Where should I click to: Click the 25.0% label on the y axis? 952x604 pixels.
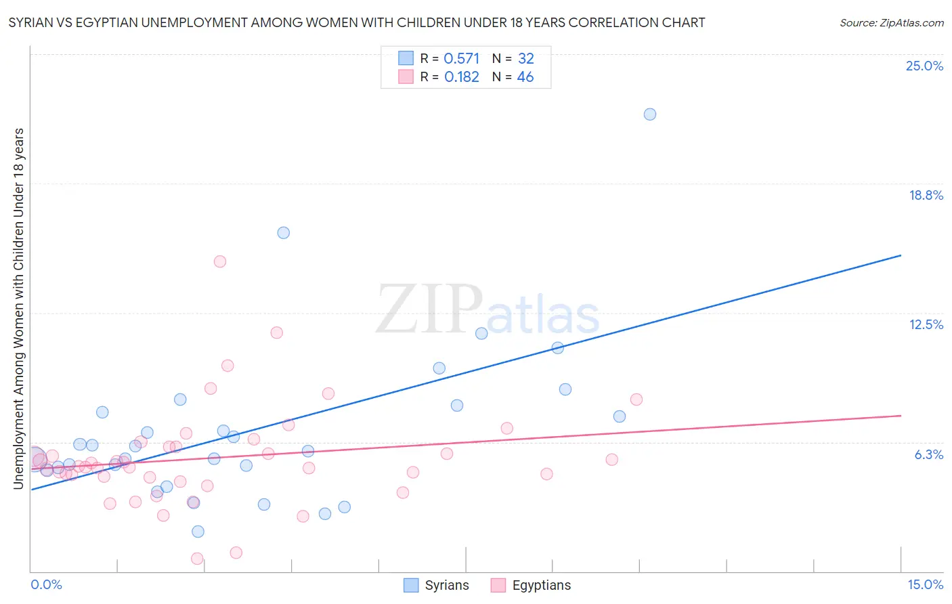click(x=924, y=66)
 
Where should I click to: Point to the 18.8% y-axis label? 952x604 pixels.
click(x=926, y=195)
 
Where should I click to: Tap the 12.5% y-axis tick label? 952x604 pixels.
click(x=926, y=324)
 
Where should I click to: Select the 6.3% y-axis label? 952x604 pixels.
click(x=928, y=454)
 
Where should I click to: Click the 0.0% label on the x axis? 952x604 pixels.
click(x=46, y=584)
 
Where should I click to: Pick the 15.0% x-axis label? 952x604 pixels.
click(x=925, y=584)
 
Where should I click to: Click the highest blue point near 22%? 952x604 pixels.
click(x=649, y=114)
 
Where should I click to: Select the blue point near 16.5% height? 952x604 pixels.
click(x=284, y=233)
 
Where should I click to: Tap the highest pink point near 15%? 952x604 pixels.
click(x=219, y=261)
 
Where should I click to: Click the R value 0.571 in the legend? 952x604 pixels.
click(x=461, y=59)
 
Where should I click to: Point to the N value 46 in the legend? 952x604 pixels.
click(x=525, y=77)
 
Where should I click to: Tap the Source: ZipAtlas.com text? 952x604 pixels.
click(x=891, y=22)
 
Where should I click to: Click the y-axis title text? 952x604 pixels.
click(x=18, y=308)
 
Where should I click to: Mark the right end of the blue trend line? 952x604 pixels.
click(x=901, y=255)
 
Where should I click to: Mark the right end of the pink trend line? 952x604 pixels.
click(x=901, y=415)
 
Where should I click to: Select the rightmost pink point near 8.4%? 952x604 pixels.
click(x=636, y=400)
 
